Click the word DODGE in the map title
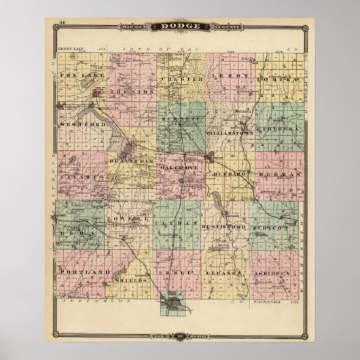(x=180, y=26)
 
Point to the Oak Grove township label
(x=179, y=166)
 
